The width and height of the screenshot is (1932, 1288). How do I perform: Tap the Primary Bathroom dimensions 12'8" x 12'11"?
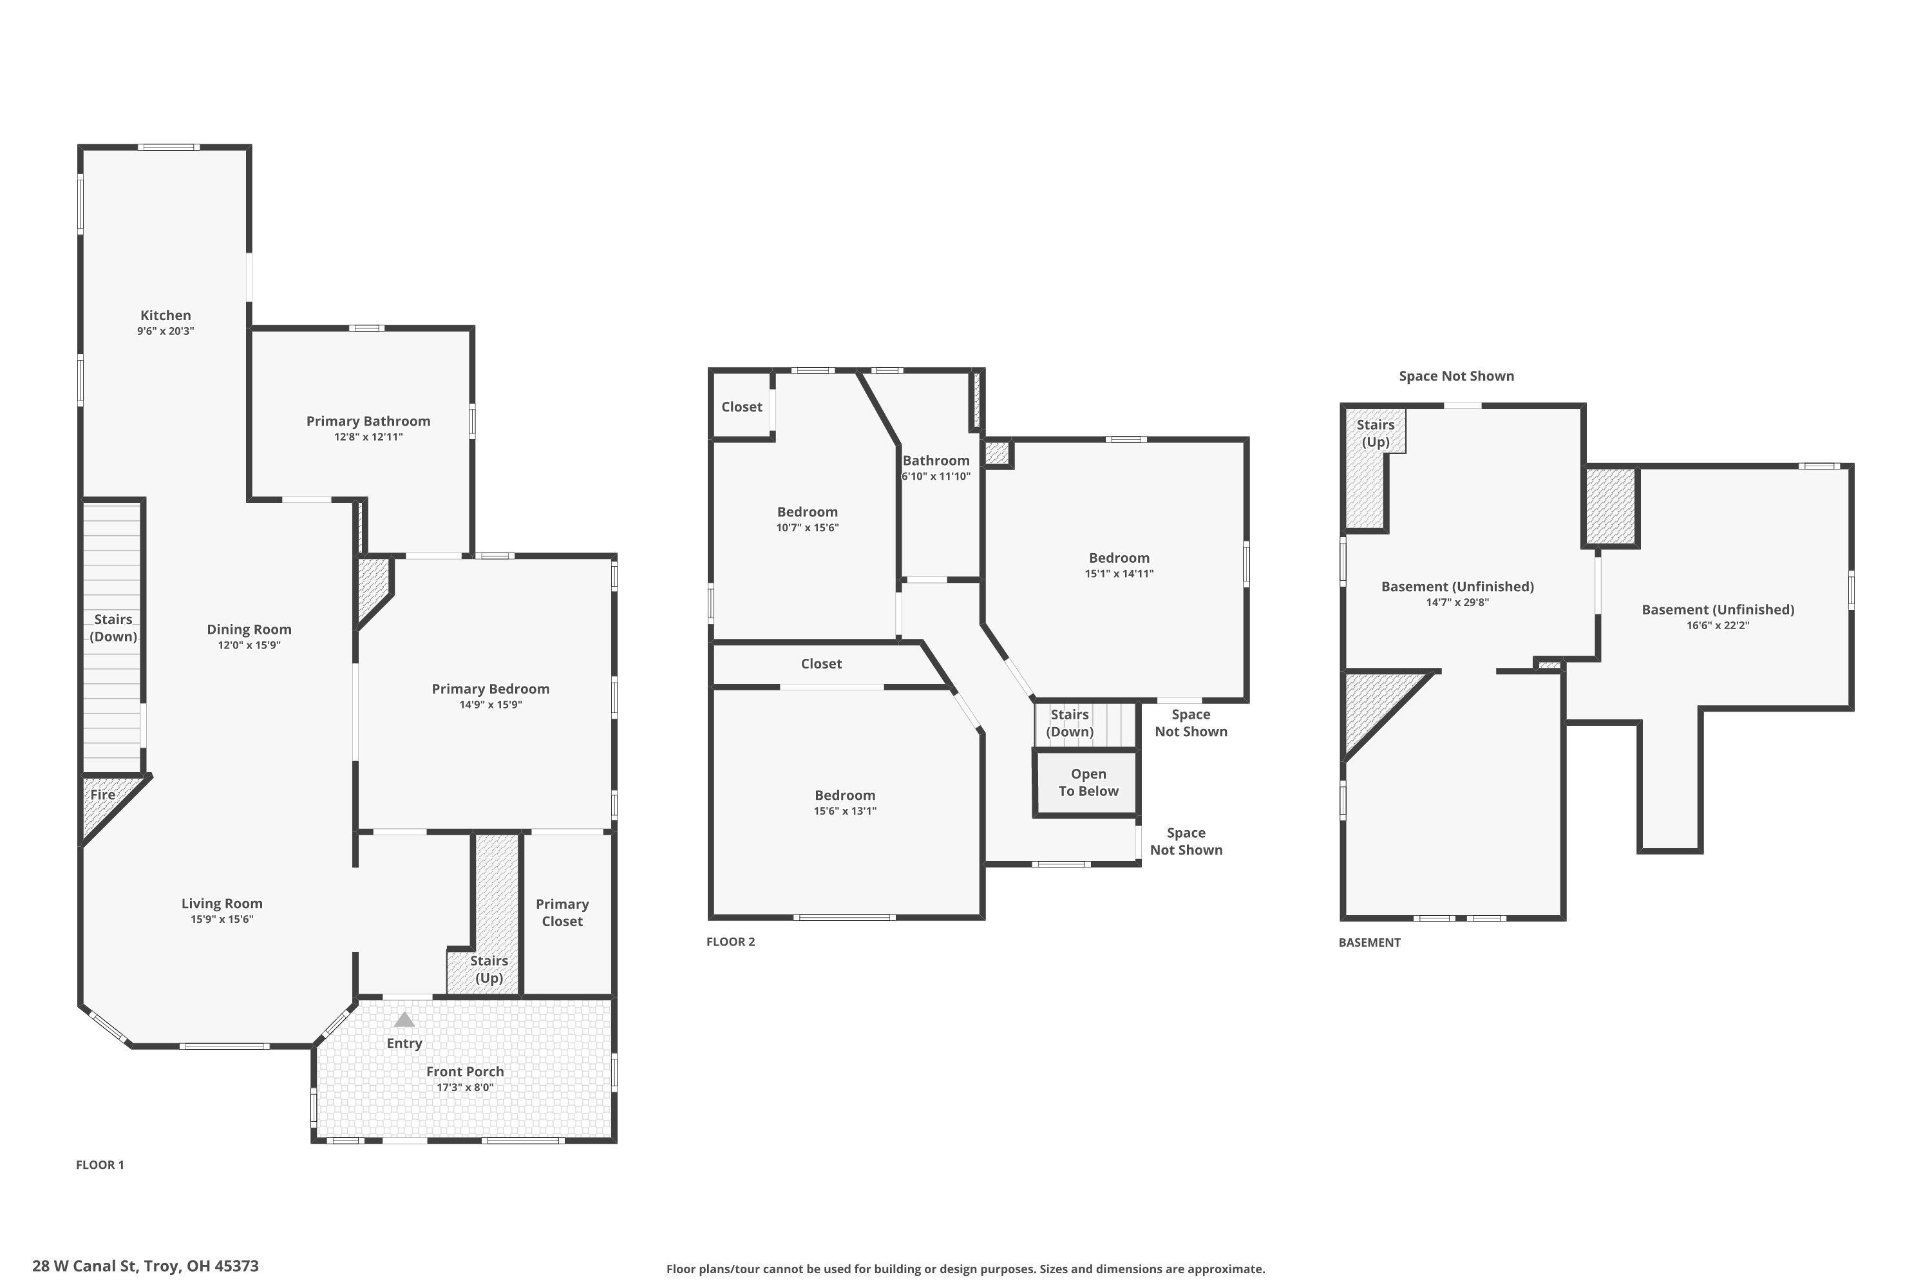(x=368, y=437)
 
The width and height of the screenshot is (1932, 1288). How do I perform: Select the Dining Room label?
(x=249, y=629)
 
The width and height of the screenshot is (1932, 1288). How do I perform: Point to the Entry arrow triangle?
(x=404, y=1019)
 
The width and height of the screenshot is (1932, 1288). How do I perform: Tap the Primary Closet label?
(x=562, y=913)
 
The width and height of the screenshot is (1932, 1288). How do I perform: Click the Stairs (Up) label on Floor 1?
(x=489, y=969)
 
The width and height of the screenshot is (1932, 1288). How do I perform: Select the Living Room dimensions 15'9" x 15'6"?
(x=222, y=919)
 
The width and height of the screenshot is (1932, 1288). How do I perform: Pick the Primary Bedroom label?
(x=490, y=688)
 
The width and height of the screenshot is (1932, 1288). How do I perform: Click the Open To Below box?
(x=1088, y=783)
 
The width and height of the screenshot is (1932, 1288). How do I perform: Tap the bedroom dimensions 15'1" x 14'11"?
(x=1119, y=574)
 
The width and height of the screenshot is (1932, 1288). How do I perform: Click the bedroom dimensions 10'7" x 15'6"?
(x=808, y=528)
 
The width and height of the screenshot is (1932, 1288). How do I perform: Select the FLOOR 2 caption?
(x=730, y=942)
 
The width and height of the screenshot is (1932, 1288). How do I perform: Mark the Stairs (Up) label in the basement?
(x=1375, y=433)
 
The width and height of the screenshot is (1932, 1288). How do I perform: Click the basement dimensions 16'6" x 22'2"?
(x=1718, y=625)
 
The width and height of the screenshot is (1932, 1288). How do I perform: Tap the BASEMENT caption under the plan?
(x=1369, y=942)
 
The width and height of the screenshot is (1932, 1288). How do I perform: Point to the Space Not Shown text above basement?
(x=1456, y=376)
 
